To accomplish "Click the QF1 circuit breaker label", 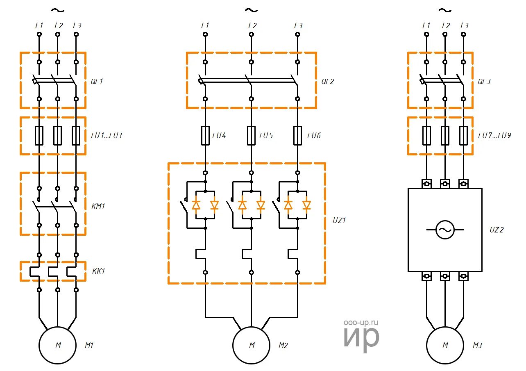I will point(97,81).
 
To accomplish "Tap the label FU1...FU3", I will point(106,136).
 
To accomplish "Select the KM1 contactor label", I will point(98,206).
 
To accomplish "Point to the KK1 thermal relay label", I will point(98,271).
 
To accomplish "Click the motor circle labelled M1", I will point(58,345).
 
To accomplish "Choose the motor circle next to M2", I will point(252,345).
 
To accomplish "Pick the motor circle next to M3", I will point(445,345).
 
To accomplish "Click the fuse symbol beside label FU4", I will point(205,136).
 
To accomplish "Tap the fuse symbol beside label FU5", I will point(251,136).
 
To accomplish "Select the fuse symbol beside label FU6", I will point(298,136).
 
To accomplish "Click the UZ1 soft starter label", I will point(340,220).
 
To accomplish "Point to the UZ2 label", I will point(496,230).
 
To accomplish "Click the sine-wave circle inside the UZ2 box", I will point(445,230).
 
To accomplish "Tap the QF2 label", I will point(328,81).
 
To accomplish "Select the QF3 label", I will point(484,81).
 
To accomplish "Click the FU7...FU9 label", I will point(494,136).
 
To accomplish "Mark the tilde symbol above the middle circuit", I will point(251,10).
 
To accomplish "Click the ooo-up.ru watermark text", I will point(361,323).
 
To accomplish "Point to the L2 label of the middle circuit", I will point(252,25).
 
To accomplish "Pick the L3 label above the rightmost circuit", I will point(464,25).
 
